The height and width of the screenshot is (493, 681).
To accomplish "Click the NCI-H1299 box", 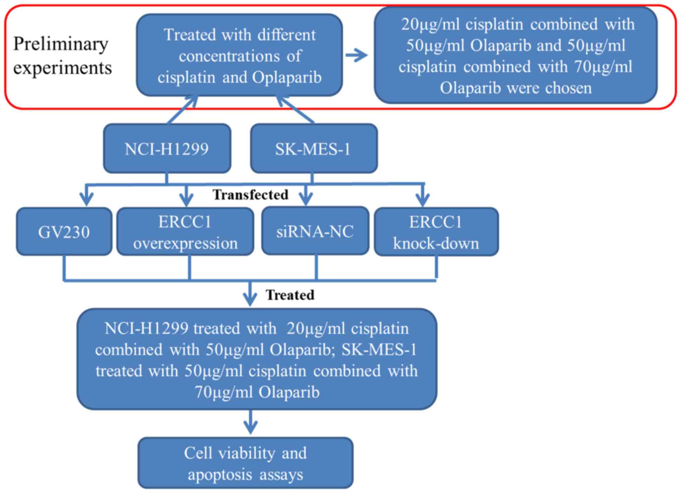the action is [x=167, y=149].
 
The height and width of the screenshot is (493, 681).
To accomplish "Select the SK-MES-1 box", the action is [x=314, y=149].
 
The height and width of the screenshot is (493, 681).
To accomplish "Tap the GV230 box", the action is [x=64, y=232].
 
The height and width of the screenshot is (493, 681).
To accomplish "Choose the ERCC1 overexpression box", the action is [x=185, y=232].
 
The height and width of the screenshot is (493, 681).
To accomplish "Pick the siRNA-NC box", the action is [x=315, y=231].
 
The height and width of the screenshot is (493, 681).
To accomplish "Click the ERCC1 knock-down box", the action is [x=436, y=232].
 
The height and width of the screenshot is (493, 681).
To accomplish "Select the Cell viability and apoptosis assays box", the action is [x=245, y=463].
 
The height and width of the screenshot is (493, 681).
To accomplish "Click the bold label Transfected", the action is [x=250, y=195].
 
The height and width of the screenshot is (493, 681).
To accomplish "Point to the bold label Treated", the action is [x=290, y=295].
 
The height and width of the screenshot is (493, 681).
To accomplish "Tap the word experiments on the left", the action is [x=62, y=68].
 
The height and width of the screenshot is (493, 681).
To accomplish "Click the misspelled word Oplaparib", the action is [x=287, y=78].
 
